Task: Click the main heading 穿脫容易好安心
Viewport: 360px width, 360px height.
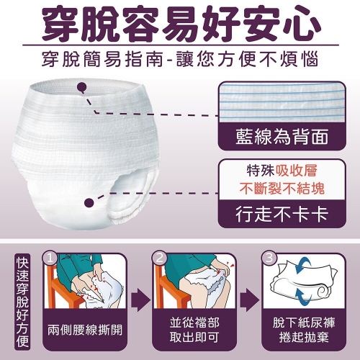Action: point(180,24)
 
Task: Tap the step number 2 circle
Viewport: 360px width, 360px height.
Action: point(159,257)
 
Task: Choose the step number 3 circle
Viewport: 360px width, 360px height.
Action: point(269,257)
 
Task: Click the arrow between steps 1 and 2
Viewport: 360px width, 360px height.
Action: point(136,298)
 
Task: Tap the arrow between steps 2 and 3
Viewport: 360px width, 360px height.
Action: point(248,298)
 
